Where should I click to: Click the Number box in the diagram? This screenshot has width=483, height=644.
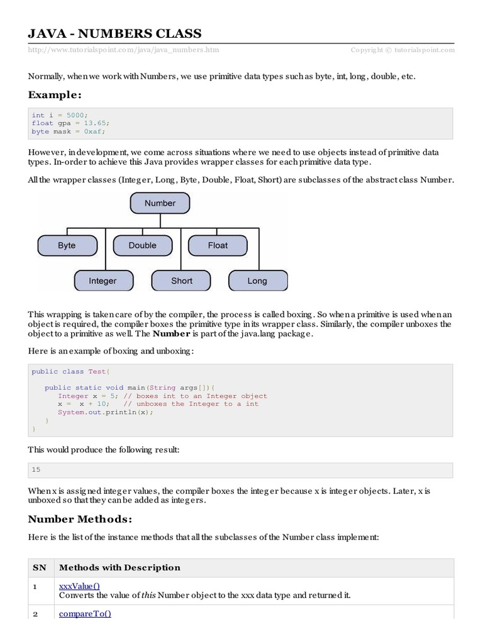[160, 203]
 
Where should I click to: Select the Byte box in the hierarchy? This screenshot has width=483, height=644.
[67, 245]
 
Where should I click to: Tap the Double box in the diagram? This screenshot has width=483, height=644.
[143, 245]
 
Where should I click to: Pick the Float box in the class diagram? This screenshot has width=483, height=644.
[218, 245]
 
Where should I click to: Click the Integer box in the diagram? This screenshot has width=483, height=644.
[103, 280]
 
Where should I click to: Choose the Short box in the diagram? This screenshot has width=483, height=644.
[182, 280]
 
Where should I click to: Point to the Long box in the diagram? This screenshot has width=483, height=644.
[257, 280]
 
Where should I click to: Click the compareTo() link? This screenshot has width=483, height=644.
[85, 614]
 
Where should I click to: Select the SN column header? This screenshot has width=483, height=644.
[40, 567]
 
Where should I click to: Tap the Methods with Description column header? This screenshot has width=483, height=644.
[119, 567]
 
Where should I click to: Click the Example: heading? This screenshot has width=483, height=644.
[55, 95]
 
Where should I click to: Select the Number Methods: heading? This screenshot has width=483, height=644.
[80, 519]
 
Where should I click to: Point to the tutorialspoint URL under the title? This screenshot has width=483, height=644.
[124, 50]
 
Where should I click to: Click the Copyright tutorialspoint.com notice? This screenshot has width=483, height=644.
[402, 50]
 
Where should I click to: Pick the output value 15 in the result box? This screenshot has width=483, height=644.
[36, 470]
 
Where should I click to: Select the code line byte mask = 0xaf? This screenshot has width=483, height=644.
[69, 131]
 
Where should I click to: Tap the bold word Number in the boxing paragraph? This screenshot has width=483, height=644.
[171, 333]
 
